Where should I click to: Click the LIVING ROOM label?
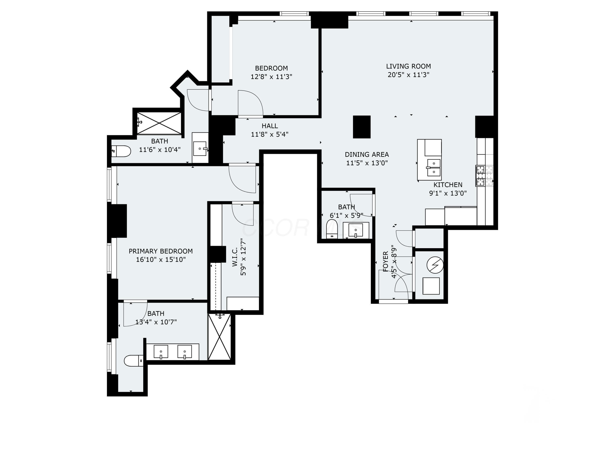click(x=408, y=66)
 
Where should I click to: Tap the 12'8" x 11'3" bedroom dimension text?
click(x=271, y=77)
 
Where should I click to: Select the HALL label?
click(x=270, y=126)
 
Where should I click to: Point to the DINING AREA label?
click(x=367, y=155)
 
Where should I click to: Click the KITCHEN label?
click(x=448, y=185)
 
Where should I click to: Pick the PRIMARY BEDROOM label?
click(x=161, y=251)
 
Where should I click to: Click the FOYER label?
click(x=386, y=261)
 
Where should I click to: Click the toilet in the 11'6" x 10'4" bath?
click(x=121, y=151)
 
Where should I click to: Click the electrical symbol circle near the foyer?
click(x=435, y=265)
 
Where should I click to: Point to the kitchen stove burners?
click(x=485, y=176)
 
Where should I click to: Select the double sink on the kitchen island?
click(x=434, y=168)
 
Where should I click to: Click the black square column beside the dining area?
click(x=362, y=127)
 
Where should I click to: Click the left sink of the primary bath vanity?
click(x=161, y=352)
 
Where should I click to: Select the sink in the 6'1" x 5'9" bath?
click(x=356, y=230)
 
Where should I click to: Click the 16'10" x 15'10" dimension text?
click(x=161, y=259)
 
